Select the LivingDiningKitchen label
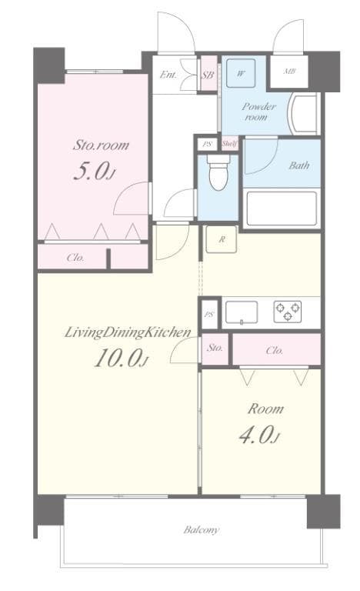pos(127,332)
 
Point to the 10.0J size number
pos(119,359)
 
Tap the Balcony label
pos(202,529)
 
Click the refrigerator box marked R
pos(222,240)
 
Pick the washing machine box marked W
pos(242,75)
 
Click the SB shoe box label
pos(207,75)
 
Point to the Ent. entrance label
pos(167,75)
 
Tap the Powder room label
pos(258,112)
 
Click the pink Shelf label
pos(230,144)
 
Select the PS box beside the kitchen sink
pos(208,314)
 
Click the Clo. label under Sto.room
pos(75,258)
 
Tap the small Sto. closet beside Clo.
pos(215,349)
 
